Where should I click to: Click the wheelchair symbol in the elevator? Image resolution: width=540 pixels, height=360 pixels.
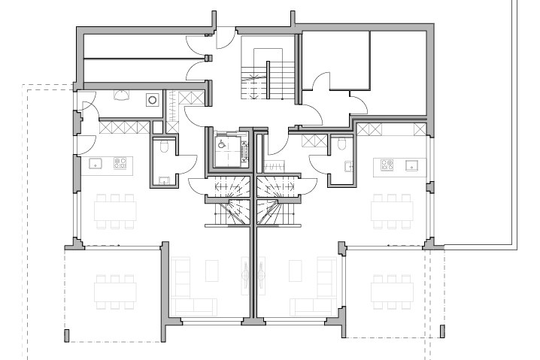[223, 141]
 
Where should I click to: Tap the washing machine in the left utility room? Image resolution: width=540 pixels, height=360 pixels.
[153, 98]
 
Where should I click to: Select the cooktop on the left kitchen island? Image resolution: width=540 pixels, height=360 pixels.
[120, 162]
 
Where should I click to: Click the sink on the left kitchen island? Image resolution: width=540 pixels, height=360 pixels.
[96, 162]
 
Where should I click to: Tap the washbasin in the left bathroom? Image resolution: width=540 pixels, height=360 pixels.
[164, 179]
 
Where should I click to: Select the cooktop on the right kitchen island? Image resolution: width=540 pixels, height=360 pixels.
[388, 163]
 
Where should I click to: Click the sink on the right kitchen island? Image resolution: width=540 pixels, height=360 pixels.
[412, 163]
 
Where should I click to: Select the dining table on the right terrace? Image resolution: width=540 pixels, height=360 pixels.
[393, 287]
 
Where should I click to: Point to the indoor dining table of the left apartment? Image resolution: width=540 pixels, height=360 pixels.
[115, 208]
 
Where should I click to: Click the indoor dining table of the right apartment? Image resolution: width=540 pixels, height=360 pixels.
[393, 208]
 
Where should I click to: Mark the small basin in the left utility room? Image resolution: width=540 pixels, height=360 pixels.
[121, 95]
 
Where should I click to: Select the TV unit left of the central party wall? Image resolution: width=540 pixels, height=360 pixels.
[244, 275]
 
